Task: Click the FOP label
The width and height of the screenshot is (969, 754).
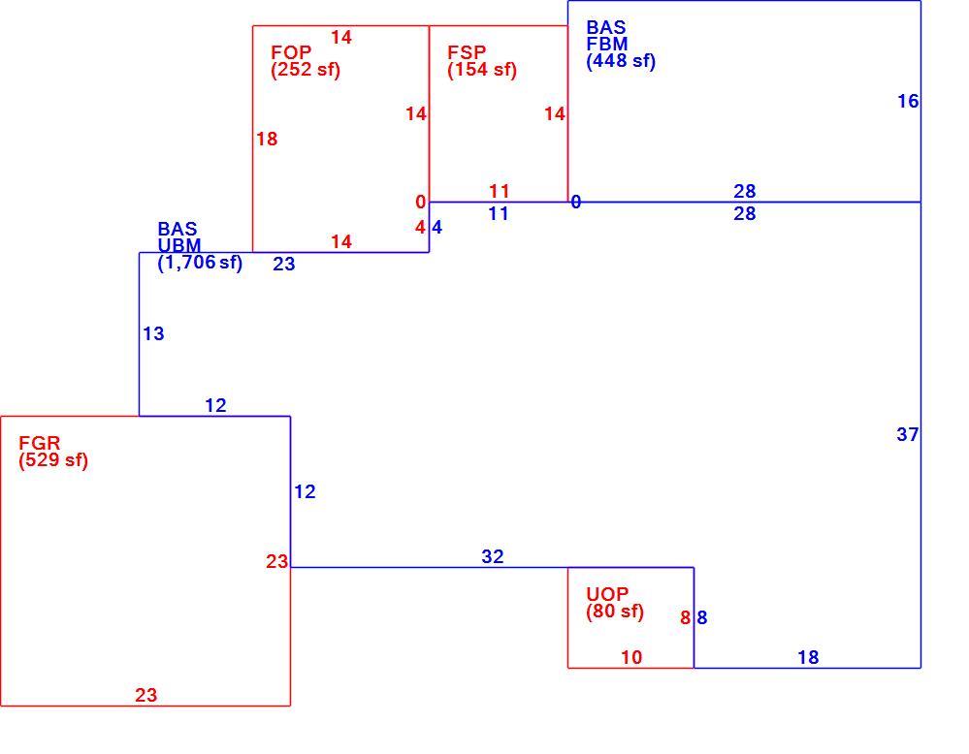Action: (x=291, y=52)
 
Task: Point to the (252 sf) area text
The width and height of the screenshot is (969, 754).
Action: (x=306, y=69)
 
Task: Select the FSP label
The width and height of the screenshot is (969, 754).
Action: (x=467, y=52)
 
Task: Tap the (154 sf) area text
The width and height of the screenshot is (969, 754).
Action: (x=482, y=69)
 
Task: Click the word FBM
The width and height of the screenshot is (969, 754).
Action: (x=607, y=44)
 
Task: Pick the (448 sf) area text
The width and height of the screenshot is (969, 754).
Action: (x=621, y=60)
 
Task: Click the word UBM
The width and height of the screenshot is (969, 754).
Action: (x=179, y=245)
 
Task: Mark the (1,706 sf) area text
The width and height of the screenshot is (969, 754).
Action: (x=200, y=263)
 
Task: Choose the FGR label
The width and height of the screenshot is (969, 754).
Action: (x=40, y=443)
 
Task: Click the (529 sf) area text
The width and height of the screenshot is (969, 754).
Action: (x=53, y=460)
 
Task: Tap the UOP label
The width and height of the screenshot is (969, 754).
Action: (x=607, y=594)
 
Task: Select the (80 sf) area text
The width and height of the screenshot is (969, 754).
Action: (x=615, y=612)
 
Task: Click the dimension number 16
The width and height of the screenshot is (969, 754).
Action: (x=908, y=101)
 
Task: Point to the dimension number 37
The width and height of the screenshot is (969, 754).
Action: (x=908, y=435)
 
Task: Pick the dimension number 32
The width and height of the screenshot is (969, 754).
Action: (x=493, y=556)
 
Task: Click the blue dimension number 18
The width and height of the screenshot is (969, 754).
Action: (x=808, y=657)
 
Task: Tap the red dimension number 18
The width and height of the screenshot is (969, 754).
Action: (x=267, y=139)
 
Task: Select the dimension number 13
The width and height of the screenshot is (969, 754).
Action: (x=154, y=333)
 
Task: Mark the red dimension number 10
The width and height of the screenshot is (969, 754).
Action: (x=631, y=657)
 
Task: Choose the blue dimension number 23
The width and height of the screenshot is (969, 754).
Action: (x=284, y=264)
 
